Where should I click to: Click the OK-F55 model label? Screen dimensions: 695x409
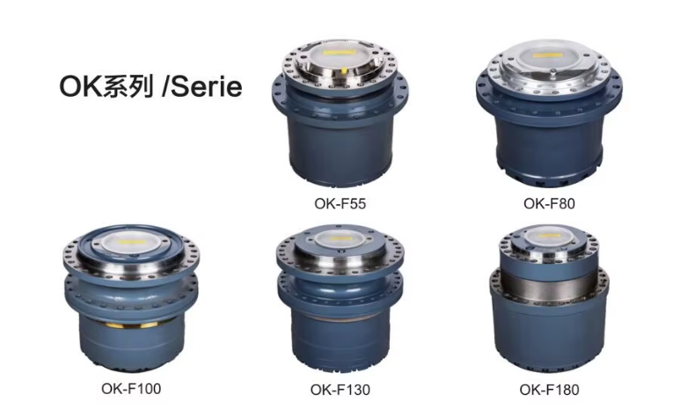pyautogui.click(x=340, y=203)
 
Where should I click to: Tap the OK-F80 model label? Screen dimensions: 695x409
pyautogui.click(x=549, y=203)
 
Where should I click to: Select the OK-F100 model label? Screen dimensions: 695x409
pyautogui.click(x=131, y=389)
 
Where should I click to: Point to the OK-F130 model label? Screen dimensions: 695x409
pyautogui.click(x=340, y=390)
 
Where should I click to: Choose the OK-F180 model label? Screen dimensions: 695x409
pyautogui.click(x=549, y=390)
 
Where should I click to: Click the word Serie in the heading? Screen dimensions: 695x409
pyautogui.click(x=207, y=86)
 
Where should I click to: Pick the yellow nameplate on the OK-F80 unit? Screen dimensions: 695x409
pyautogui.click(x=548, y=55)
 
